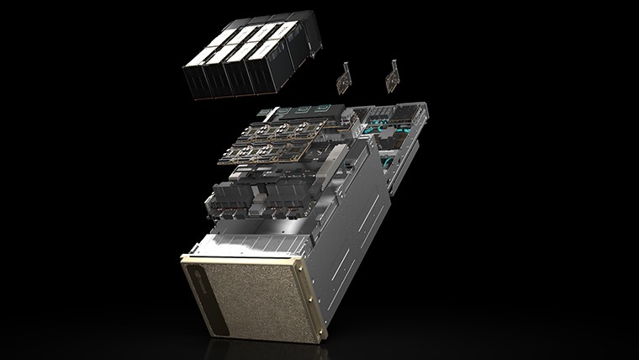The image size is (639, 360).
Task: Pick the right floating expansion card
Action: (392, 77)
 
